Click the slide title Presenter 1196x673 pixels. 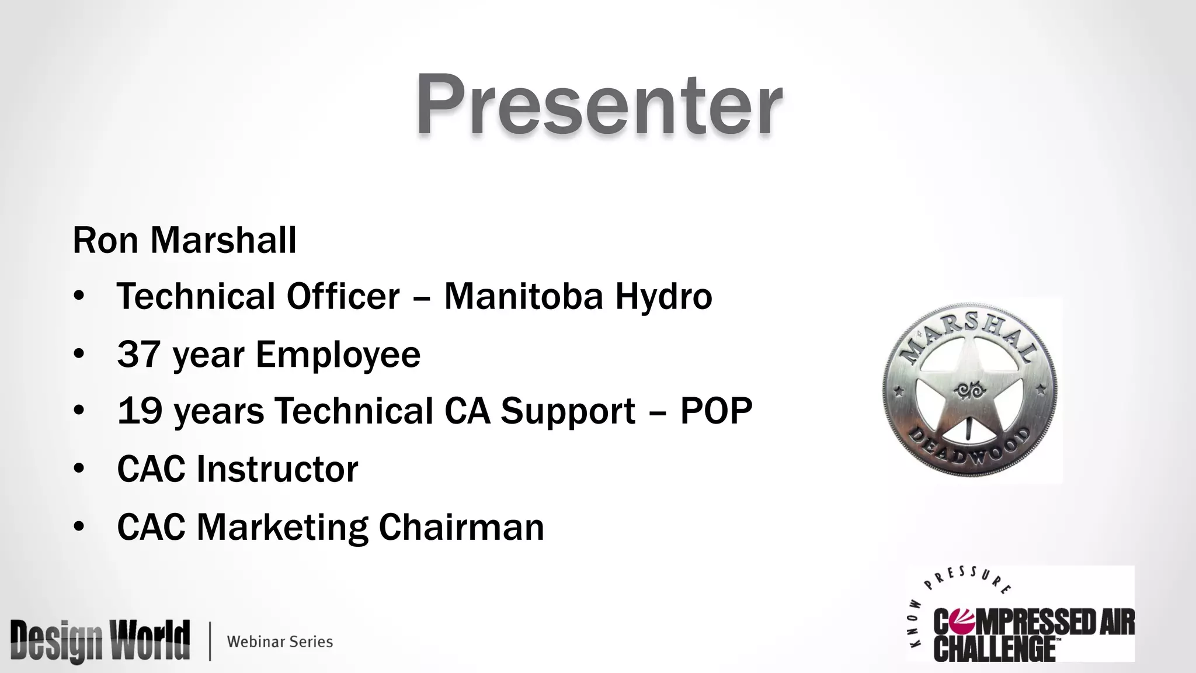(x=599, y=105)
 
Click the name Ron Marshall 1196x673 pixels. (x=185, y=240)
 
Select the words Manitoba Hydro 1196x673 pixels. (x=578, y=296)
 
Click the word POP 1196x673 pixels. (x=716, y=411)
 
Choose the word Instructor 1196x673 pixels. (x=277, y=469)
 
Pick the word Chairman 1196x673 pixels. (x=461, y=527)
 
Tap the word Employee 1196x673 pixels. (x=338, y=355)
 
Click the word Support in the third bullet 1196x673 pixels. (x=568, y=412)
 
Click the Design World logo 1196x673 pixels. (x=100, y=641)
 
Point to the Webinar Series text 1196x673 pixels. (x=280, y=641)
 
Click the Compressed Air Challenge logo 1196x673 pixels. (x=1021, y=619)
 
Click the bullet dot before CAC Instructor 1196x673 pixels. (x=79, y=469)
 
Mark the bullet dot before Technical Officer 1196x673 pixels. (x=79, y=296)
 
